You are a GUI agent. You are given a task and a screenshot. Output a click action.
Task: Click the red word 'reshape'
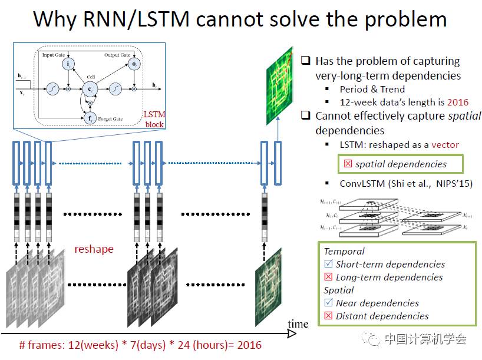(94, 249)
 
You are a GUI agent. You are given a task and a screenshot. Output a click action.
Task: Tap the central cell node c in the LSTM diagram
(90, 89)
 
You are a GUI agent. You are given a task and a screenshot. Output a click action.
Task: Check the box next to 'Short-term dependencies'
(329, 265)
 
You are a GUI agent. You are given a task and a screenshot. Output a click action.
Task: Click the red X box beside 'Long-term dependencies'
(329, 278)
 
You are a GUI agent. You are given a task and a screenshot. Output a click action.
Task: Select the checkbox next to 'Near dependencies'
(329, 303)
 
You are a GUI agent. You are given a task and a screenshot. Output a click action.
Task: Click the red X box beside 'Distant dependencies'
(329, 316)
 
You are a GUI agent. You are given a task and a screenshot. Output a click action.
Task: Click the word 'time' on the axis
(298, 323)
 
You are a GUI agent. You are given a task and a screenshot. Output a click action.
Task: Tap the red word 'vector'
(445, 144)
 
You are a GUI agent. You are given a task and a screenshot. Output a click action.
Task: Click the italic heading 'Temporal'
(344, 251)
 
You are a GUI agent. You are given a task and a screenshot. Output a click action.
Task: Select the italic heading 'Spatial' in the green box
(339, 290)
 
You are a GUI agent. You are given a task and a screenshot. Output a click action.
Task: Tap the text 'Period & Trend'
(372, 90)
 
